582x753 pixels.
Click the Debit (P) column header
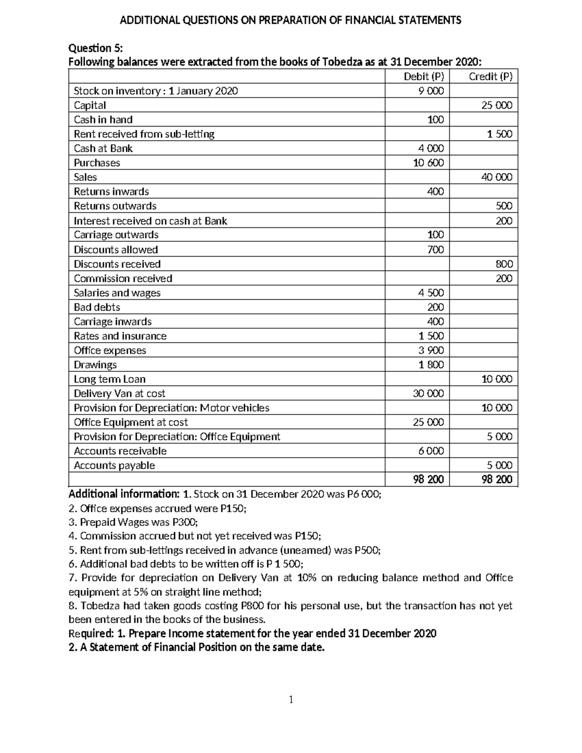coord(424,77)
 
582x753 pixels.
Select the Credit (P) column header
coord(490,77)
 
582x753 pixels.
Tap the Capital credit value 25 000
coord(497,105)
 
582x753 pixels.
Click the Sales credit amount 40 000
coord(497,177)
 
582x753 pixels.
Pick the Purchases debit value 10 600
coord(428,163)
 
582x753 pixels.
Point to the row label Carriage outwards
coord(116,235)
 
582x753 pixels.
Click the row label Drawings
coord(95,365)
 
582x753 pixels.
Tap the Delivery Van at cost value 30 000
coord(428,393)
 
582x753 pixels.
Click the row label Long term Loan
coord(109,379)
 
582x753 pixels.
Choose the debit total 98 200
coord(428,480)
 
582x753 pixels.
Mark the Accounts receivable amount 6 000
coord(431,451)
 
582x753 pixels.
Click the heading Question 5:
coord(96,48)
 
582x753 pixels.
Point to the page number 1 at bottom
coord(291,700)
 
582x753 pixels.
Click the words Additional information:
coord(124,494)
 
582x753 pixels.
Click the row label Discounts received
coord(117,264)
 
